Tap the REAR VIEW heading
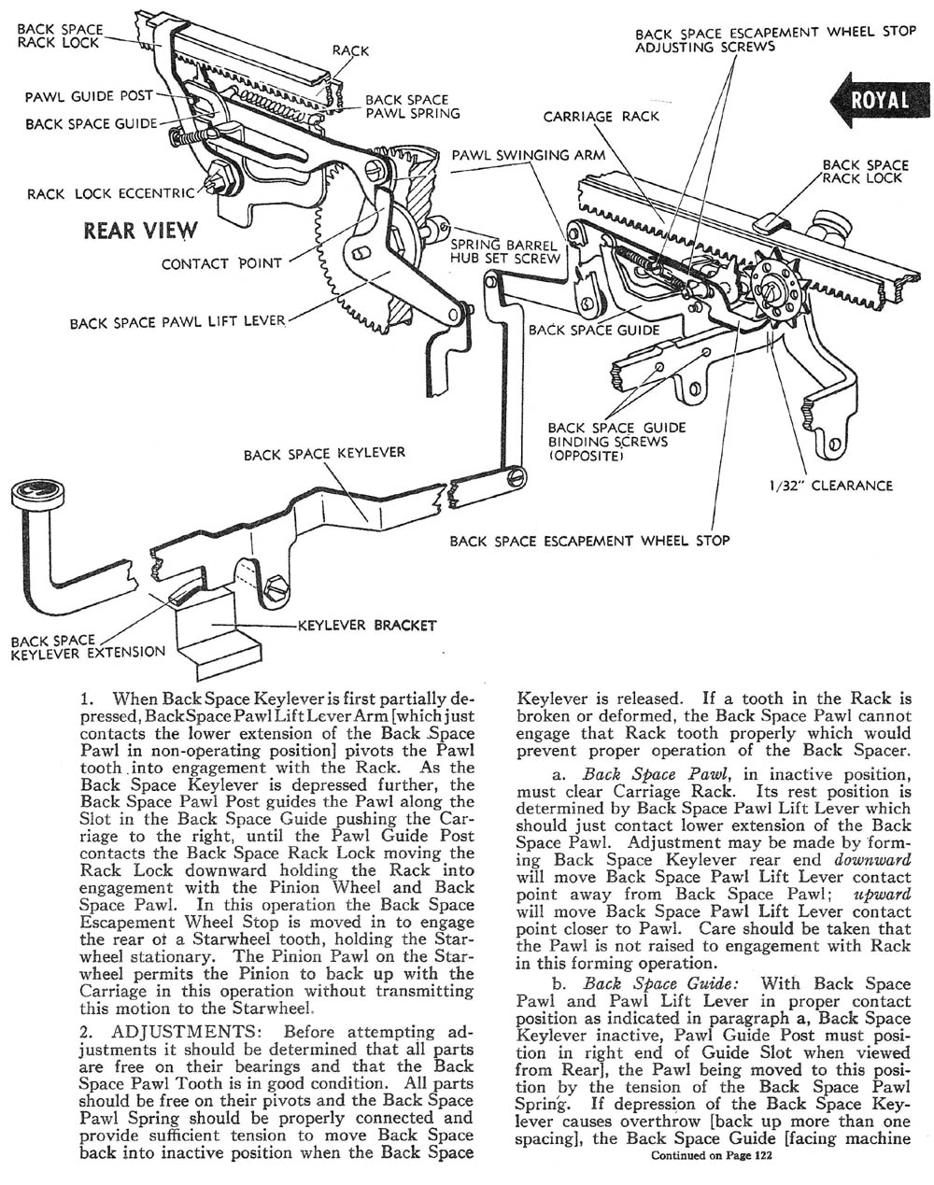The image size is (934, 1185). tap(140, 230)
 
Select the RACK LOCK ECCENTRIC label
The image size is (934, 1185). tap(111, 194)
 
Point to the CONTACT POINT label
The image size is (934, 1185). tap(221, 263)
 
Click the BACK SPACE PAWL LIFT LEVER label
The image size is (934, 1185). tap(177, 323)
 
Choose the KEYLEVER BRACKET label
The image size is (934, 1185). tap(366, 625)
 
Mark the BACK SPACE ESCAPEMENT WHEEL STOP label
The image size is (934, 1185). tap(589, 540)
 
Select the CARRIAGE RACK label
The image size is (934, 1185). tap(601, 116)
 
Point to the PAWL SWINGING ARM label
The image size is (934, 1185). tap(529, 155)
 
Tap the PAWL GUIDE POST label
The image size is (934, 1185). tap(83, 95)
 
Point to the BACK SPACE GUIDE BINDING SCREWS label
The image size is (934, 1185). tap(616, 442)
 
